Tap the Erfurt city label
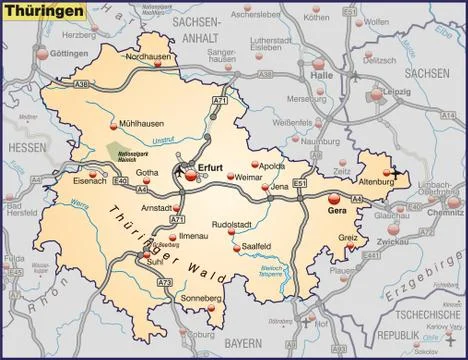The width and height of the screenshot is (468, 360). coord(211,168)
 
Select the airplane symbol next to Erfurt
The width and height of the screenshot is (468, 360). coord(181,170)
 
